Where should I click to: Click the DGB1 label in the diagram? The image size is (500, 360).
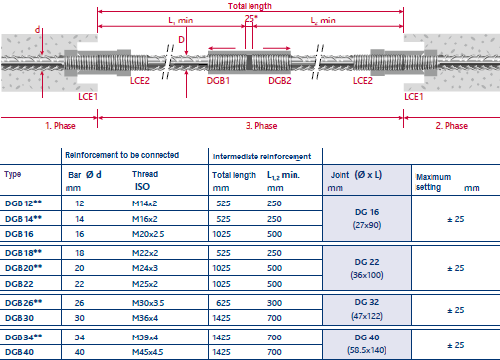218,80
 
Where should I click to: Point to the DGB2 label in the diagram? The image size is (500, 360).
280,80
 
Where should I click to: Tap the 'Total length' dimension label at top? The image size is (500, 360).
250,6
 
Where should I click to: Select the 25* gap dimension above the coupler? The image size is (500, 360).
250,19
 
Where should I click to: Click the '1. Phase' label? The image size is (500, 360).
61,126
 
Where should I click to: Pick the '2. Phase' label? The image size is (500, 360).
452,126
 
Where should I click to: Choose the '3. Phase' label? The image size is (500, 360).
261,126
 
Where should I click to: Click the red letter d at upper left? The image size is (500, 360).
38,30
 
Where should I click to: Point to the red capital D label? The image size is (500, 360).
181,40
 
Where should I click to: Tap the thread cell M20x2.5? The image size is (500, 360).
149,234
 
